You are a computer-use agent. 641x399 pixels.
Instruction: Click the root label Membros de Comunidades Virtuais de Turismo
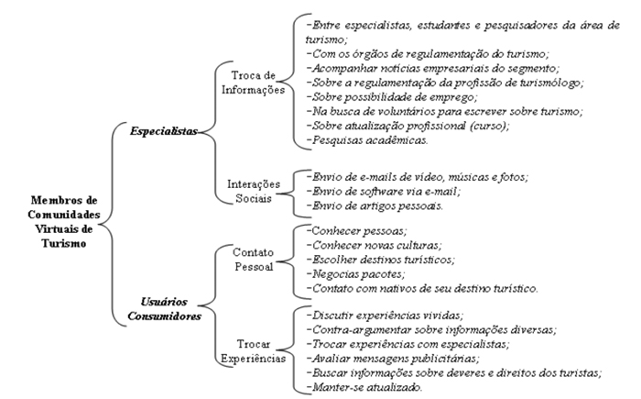64,222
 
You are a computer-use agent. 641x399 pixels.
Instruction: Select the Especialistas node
164,131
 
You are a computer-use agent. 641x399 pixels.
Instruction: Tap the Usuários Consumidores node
164,309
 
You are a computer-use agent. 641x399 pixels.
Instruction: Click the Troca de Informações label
253,83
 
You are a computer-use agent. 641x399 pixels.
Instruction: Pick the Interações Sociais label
254,191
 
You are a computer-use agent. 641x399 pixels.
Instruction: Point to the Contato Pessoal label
254,260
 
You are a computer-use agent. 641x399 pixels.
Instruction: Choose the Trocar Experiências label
254,350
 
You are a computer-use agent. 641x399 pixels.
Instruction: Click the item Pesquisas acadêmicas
367,140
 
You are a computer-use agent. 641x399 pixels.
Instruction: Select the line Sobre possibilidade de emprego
392,97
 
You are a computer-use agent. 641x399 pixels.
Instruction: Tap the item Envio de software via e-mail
383,192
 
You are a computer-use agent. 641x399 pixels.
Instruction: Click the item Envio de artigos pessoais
375,205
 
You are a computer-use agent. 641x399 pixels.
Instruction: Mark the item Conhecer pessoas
356,231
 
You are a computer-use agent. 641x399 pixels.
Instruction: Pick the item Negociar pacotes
355,273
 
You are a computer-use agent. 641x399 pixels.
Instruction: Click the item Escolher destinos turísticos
381,260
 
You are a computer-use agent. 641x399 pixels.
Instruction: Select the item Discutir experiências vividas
386,316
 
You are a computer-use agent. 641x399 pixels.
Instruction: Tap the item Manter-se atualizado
364,387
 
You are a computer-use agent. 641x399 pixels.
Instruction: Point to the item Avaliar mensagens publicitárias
393,359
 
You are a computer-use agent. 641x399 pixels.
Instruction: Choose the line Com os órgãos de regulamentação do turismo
428,54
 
